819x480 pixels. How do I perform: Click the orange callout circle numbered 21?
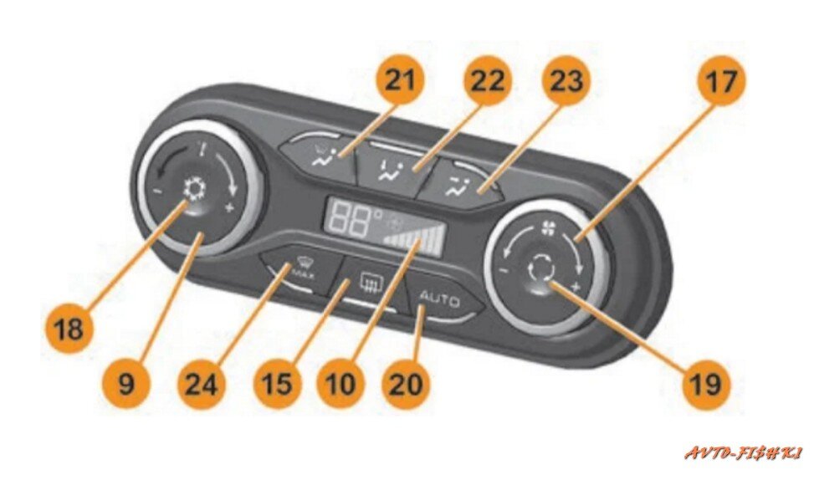pos(404,81)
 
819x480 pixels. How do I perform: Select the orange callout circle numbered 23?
pos(566,81)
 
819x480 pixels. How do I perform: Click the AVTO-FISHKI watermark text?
pos(744,453)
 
